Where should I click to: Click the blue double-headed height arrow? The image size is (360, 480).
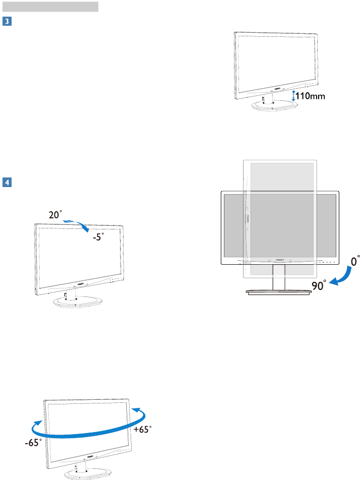294,96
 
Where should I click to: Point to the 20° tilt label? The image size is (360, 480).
56,215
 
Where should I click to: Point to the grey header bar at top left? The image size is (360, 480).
49,7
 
